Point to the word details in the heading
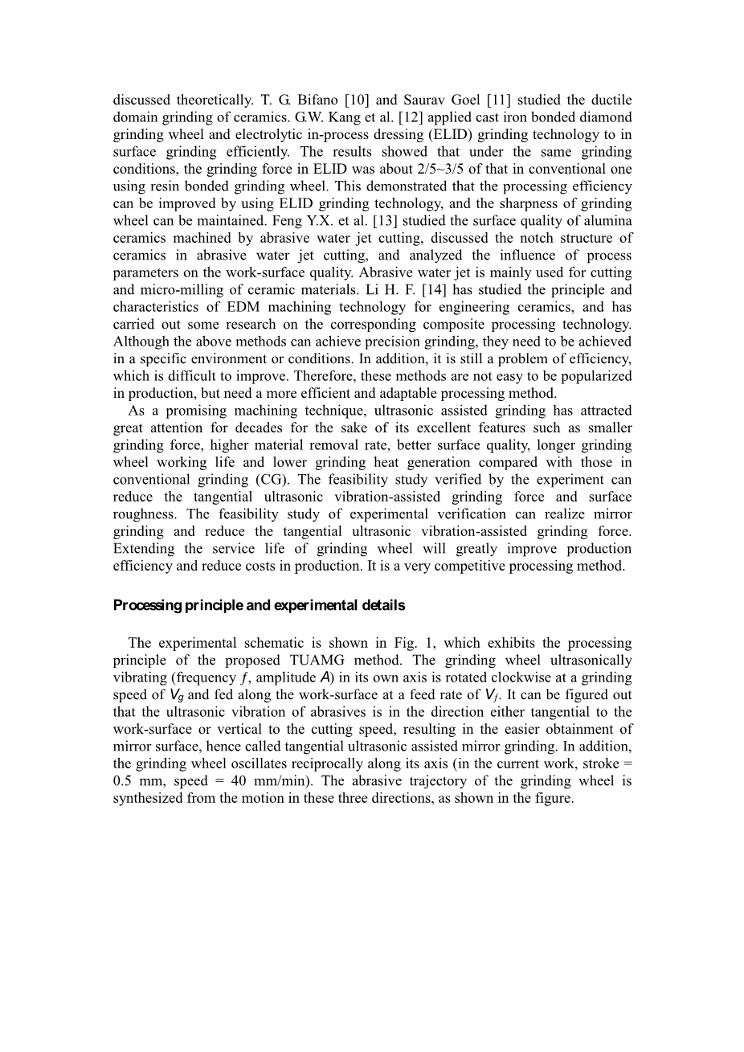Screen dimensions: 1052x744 [384, 605]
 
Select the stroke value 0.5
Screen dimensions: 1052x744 [123, 781]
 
